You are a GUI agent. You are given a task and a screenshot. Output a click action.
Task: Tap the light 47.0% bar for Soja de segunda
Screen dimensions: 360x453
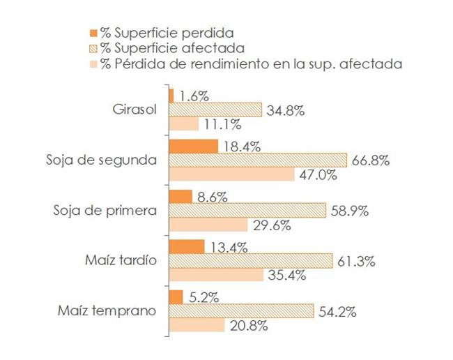pos(232,174)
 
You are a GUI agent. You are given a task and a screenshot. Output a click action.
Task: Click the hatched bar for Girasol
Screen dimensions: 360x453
pos(215,110)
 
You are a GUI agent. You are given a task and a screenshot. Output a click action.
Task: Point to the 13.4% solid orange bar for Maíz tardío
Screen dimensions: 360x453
pos(187,247)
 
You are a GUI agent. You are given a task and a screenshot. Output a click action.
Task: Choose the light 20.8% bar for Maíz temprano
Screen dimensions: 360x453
pos(197,325)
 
